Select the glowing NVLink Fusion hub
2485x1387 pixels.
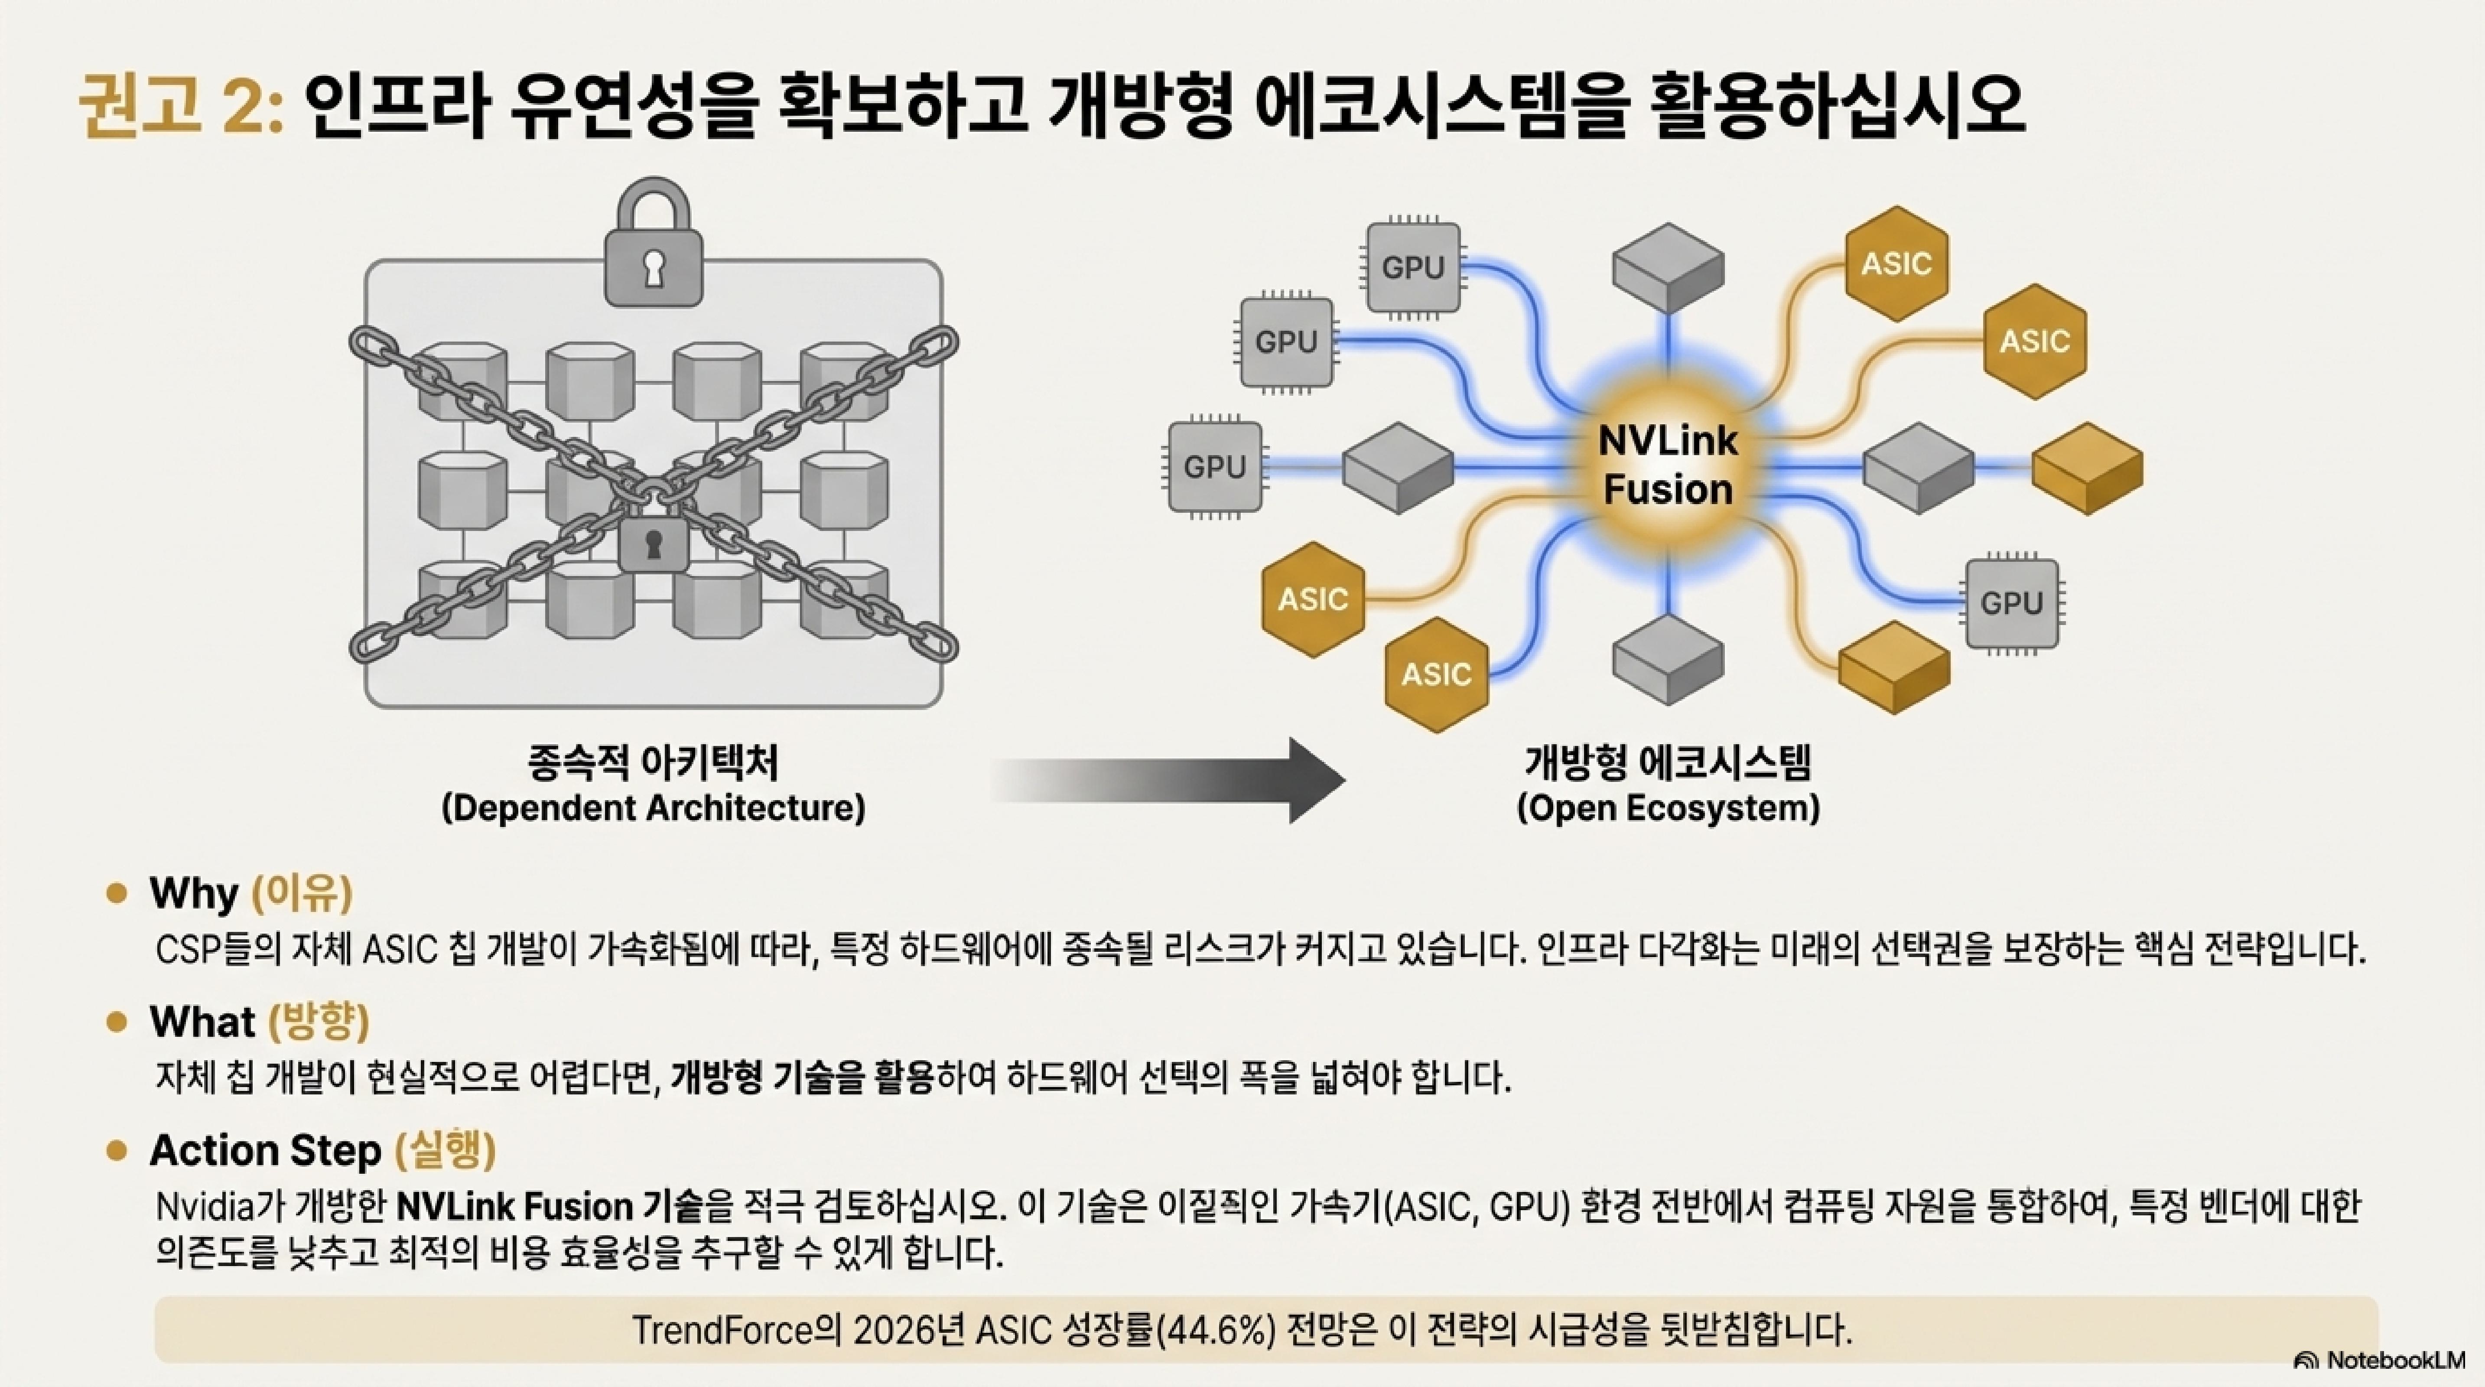(x=1668, y=466)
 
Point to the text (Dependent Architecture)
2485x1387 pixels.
(x=653, y=807)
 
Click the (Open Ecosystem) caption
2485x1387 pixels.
(x=1668, y=807)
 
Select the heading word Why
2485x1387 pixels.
(x=193, y=893)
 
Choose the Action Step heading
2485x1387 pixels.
(x=265, y=1150)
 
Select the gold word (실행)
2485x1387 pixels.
(x=446, y=1150)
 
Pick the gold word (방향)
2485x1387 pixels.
(x=319, y=1022)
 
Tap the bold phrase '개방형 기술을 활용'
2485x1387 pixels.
(x=803, y=1078)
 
